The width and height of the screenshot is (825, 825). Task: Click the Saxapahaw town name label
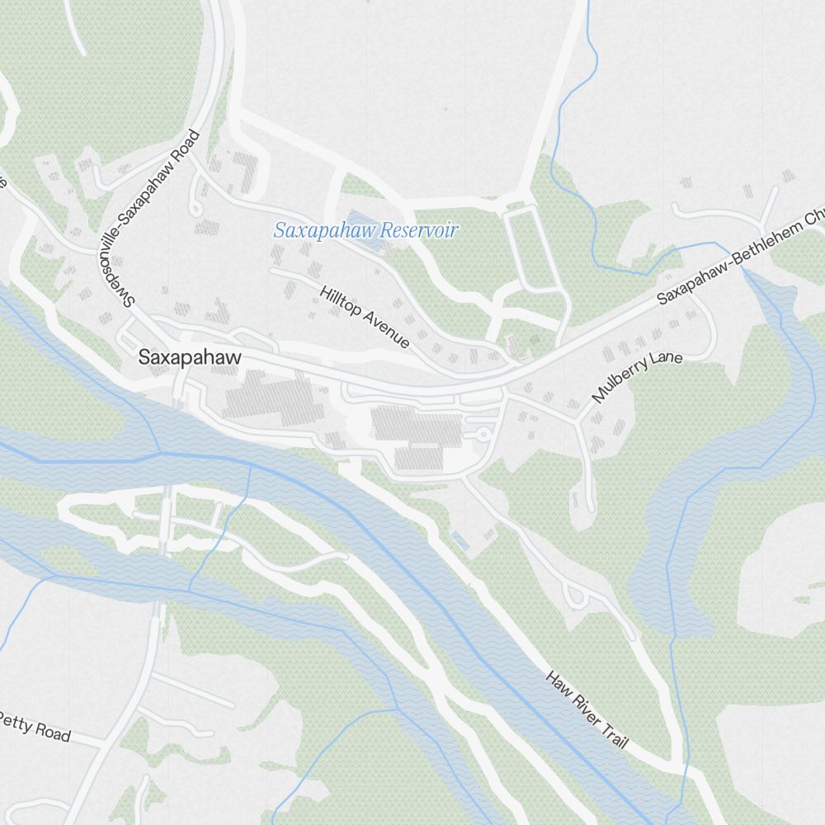click(x=190, y=358)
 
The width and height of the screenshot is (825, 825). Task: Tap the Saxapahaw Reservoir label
click(x=365, y=230)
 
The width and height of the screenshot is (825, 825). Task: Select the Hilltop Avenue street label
click(x=364, y=317)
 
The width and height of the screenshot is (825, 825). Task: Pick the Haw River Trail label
click(x=587, y=709)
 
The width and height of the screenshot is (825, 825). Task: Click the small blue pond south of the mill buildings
click(x=460, y=541)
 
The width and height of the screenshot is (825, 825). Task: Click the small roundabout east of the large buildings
click(x=483, y=432)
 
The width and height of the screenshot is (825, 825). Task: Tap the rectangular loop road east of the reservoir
click(x=529, y=247)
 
